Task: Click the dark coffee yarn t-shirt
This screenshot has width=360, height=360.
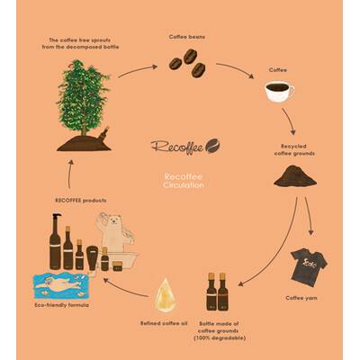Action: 307,261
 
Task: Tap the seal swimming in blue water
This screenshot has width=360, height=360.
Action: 61,287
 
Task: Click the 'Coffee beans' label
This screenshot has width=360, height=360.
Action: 188,37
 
